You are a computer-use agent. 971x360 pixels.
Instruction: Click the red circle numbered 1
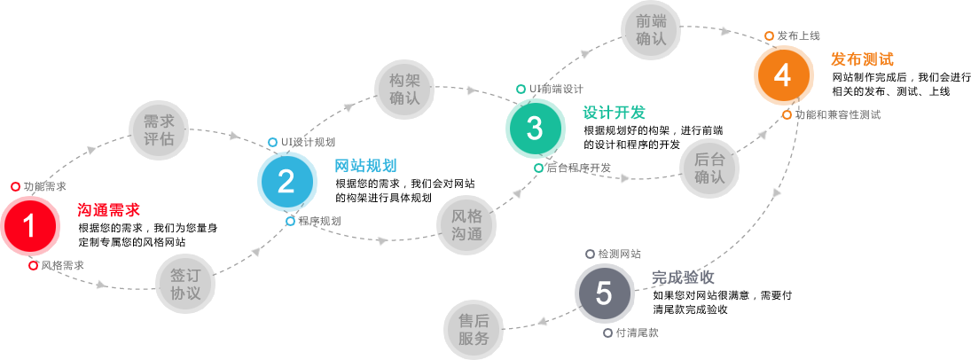29,227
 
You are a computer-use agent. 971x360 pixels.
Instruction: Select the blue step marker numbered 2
286,182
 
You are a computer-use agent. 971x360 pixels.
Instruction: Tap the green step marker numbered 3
534,129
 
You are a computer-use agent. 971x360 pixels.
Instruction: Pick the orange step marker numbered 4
782,75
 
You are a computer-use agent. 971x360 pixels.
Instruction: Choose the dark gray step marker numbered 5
604,293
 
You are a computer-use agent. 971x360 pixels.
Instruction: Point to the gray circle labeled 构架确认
403,90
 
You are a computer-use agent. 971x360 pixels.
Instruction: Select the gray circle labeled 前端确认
651,30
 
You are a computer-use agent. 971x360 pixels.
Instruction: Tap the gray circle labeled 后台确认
709,168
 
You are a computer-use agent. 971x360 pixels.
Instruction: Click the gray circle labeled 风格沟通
466,225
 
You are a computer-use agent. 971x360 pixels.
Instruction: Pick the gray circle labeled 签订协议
185,284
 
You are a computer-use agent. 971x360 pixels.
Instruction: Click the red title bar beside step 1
108,209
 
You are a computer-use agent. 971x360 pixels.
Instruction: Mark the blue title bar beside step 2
365,165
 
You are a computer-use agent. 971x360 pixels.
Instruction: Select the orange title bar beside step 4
862,59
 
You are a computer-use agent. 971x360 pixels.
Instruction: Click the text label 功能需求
45,186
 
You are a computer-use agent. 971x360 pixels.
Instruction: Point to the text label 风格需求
62,265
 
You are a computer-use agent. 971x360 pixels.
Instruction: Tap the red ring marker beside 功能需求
15,186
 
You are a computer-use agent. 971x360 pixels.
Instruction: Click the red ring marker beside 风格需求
33,265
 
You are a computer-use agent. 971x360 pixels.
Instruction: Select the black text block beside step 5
722,302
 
